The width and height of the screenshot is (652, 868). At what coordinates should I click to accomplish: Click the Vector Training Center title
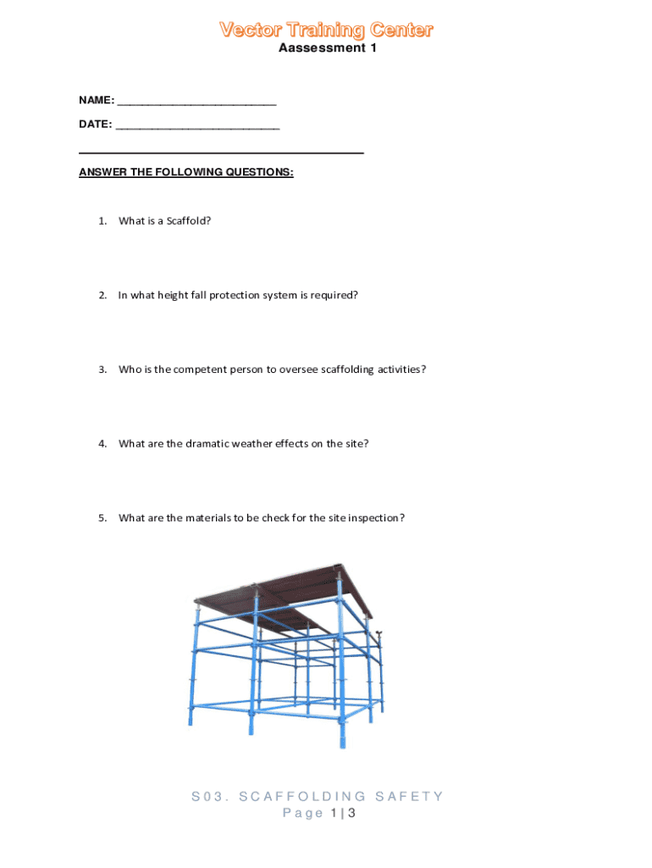(x=326, y=31)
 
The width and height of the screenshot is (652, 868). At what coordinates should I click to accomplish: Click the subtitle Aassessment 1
(x=327, y=48)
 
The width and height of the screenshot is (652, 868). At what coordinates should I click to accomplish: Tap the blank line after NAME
(x=197, y=101)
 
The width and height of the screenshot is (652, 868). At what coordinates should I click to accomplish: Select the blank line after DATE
(x=197, y=125)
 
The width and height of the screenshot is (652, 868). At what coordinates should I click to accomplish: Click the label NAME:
(x=97, y=100)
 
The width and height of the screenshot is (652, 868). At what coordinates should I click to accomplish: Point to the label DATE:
(x=95, y=124)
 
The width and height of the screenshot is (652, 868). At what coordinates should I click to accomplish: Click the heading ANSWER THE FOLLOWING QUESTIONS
(x=186, y=172)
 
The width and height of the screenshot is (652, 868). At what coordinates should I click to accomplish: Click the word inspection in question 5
(x=374, y=518)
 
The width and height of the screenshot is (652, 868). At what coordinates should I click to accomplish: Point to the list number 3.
(x=102, y=370)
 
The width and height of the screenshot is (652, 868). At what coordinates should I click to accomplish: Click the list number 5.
(x=102, y=518)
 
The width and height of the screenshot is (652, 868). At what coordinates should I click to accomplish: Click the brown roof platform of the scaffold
(x=279, y=593)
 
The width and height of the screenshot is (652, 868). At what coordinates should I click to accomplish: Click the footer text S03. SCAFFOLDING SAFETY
(x=317, y=796)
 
